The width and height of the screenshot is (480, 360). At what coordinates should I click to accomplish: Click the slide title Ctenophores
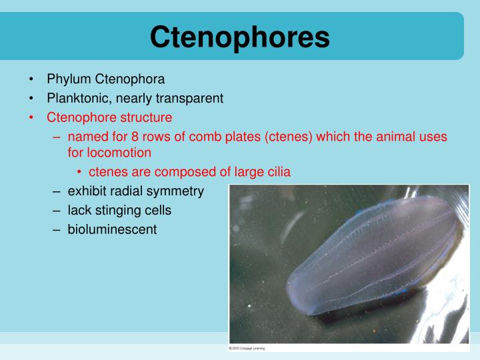(x=240, y=37)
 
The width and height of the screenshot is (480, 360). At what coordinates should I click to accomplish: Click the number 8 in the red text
(x=135, y=137)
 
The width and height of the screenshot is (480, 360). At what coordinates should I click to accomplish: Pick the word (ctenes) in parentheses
(x=289, y=137)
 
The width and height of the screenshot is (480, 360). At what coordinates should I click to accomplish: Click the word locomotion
(x=119, y=153)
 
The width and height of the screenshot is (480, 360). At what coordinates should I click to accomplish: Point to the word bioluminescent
(x=112, y=229)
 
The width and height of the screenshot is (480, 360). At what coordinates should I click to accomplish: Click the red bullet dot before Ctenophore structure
(x=31, y=118)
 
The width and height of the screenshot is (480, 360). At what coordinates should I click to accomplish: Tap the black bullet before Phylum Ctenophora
(x=31, y=79)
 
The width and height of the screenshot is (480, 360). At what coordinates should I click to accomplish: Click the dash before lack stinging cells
(x=56, y=211)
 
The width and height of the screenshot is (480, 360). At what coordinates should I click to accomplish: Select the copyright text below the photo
(x=247, y=348)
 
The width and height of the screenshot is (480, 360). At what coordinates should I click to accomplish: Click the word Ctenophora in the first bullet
(x=130, y=79)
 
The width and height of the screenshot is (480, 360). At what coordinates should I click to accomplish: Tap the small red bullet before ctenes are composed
(x=79, y=173)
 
